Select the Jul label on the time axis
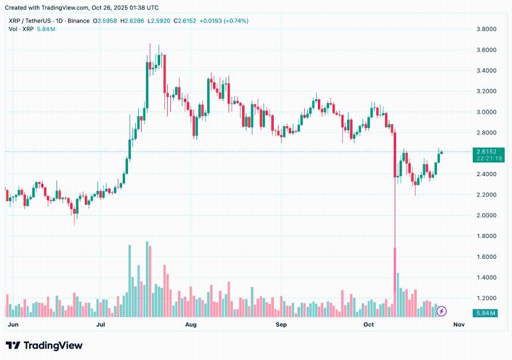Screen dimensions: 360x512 click(x=101, y=325)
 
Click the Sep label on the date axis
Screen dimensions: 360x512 click(x=282, y=325)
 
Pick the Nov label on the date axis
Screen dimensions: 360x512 click(x=458, y=325)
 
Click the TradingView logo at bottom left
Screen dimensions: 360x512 click(x=44, y=346)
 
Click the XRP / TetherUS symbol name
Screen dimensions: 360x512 click(x=29, y=21)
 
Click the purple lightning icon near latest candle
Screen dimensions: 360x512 click(x=442, y=311)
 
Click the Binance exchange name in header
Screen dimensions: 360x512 click(x=79, y=21)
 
